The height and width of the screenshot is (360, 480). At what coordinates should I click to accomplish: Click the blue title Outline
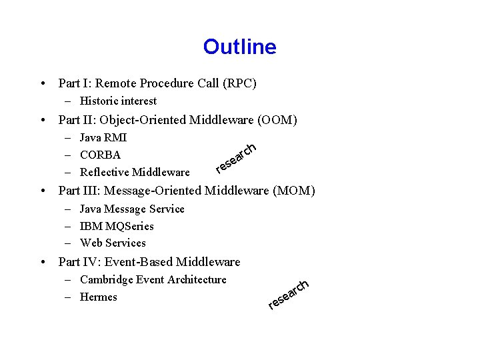click(239, 47)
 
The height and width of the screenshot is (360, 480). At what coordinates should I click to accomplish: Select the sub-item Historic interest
click(118, 101)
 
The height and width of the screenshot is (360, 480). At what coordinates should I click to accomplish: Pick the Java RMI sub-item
click(103, 138)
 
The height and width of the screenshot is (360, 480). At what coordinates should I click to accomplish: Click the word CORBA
click(100, 155)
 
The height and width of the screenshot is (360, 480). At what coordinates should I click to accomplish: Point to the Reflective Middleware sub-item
click(135, 173)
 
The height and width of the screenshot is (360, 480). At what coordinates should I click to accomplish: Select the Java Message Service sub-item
click(132, 209)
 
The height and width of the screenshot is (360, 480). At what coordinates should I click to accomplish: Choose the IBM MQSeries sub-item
click(117, 227)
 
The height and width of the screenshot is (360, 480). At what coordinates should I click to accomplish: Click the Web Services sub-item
click(113, 243)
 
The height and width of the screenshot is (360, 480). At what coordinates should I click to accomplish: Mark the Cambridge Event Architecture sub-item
click(153, 280)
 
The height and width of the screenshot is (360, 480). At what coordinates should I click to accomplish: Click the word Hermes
click(98, 297)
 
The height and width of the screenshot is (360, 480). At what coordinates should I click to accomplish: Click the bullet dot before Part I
click(43, 84)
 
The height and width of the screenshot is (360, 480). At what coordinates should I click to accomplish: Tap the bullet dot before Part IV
click(43, 263)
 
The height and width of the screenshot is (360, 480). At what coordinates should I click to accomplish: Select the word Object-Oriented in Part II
click(139, 120)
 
